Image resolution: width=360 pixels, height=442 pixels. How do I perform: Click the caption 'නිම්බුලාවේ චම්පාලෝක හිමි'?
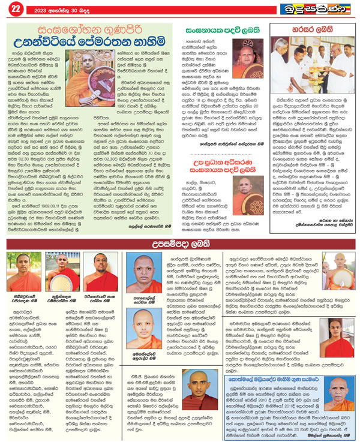point(22,291)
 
